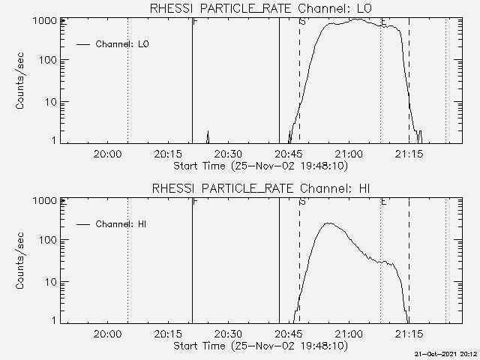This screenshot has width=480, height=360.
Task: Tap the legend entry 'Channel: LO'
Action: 122,44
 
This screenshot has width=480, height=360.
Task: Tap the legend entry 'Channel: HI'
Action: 121,224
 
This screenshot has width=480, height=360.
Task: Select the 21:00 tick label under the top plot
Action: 349,154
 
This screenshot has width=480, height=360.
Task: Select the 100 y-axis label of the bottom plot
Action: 47,240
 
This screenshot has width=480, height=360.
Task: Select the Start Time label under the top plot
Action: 259,165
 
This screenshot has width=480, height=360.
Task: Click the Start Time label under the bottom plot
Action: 259,346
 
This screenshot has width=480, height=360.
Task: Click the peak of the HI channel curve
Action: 327,223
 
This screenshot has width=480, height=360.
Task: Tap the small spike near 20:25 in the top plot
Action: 208,134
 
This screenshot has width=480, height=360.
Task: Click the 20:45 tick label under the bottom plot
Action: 288,334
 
